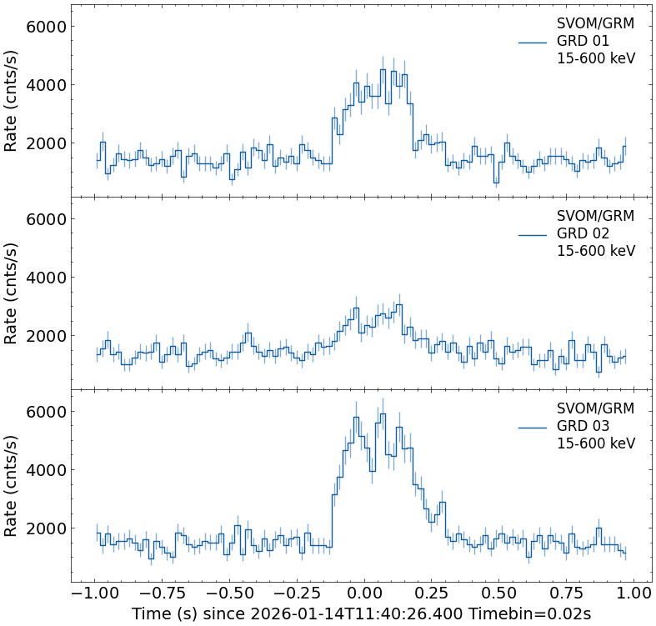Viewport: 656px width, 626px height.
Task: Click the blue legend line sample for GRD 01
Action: [532, 42]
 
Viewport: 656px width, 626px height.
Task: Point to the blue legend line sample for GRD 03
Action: [532, 427]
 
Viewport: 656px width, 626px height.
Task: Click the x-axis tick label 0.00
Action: [363, 593]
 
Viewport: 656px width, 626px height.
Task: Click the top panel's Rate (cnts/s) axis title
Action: [12, 100]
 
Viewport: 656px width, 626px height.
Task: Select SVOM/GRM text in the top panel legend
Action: [595, 23]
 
